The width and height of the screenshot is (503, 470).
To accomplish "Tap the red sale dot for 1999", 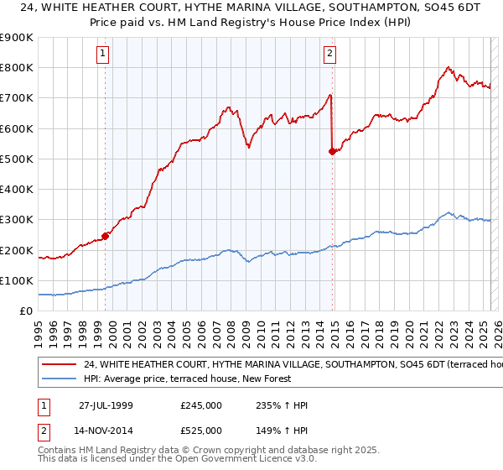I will pos(106,236).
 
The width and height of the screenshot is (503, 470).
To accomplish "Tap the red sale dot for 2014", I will pos(333,151).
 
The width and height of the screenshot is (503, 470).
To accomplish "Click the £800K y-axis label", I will pos(17,67).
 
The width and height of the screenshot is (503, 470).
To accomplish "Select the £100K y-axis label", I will pos(17,280).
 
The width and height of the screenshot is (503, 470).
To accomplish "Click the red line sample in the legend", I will pos(59,364).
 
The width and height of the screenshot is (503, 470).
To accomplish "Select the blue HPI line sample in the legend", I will pos(59,379).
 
